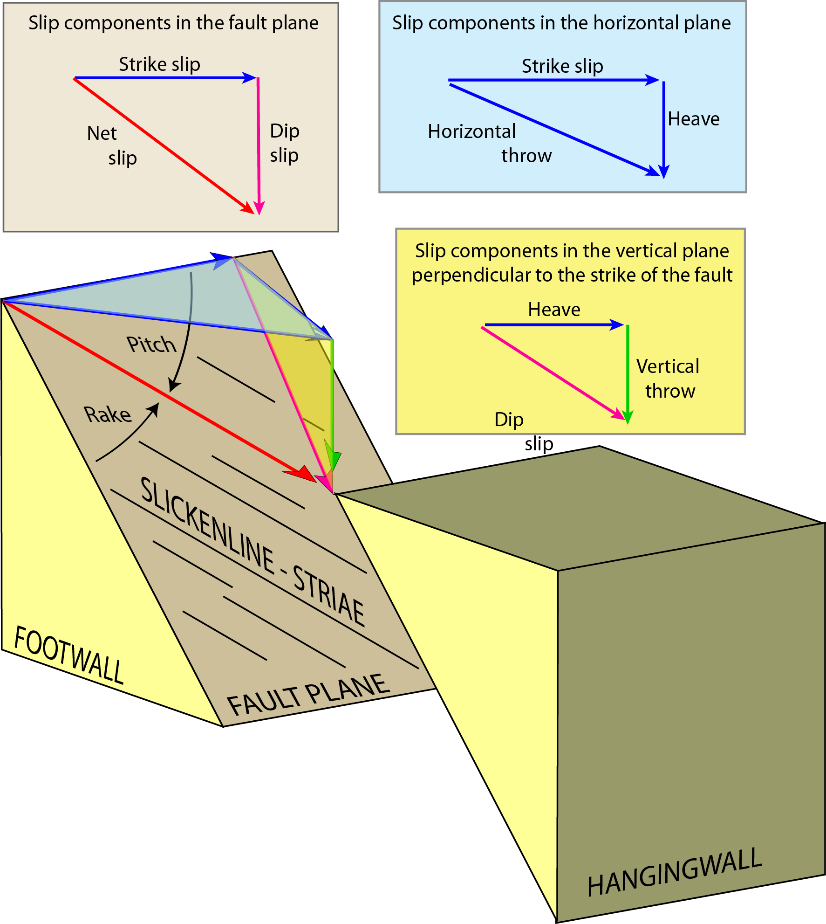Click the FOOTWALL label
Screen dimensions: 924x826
69,655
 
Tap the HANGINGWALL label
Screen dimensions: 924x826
674,873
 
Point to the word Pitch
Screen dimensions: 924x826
151,345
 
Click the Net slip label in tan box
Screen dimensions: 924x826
111,145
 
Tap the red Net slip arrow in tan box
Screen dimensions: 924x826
163,145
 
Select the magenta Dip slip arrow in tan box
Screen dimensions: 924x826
259,145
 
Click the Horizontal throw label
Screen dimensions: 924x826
489,143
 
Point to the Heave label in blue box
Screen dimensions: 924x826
693,119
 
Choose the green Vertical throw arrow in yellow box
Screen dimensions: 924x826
628,373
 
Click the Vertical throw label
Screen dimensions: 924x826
669,378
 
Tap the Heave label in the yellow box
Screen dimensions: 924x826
554,310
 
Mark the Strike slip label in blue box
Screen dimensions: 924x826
562,66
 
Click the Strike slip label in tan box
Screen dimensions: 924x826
159,64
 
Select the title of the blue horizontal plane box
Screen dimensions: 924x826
561,23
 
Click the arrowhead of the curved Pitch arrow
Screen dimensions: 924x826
174,386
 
